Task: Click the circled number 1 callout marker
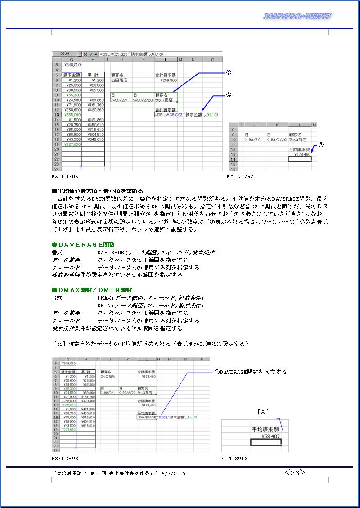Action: pyautogui.click(x=228, y=72)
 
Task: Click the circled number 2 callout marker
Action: pyautogui.click(x=228, y=95)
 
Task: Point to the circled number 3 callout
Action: pyautogui.click(x=320, y=145)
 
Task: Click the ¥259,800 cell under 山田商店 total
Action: pyautogui.click(x=168, y=80)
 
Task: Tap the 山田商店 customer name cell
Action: pyautogui.click(x=119, y=80)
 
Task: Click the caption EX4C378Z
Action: pyautogui.click(x=65, y=177)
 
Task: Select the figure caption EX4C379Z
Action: pyautogui.click(x=240, y=177)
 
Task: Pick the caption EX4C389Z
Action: pyautogui.click(x=65, y=458)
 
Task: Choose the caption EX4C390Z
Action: pyautogui.click(x=234, y=458)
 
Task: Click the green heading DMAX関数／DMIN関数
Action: pyautogui.click(x=92, y=290)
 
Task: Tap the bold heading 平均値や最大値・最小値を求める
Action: pyautogui.click(x=97, y=190)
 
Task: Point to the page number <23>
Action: pyautogui.click(x=295, y=472)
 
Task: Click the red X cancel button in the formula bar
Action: pyautogui.click(x=85, y=54)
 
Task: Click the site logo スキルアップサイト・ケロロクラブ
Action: pyautogui.click(x=297, y=16)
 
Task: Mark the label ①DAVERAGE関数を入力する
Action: pyautogui.click(x=250, y=372)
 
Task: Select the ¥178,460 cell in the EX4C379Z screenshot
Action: pyautogui.click(x=300, y=154)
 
